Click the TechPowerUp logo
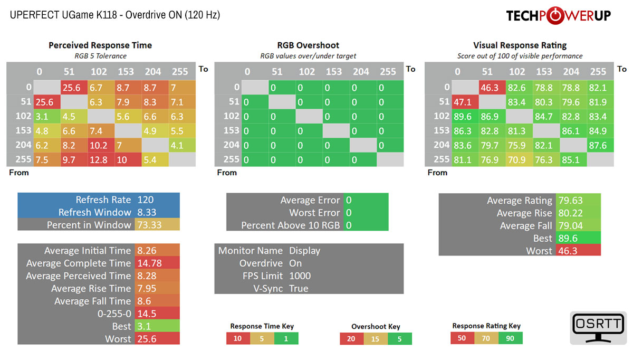tap(558, 16)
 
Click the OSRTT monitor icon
tap(598, 328)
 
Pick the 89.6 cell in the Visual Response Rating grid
tap(462, 116)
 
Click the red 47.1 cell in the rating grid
tap(462, 102)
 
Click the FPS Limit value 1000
tap(300, 276)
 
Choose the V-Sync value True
tap(299, 288)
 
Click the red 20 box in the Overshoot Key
tap(351, 338)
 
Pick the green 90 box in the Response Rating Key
tap(510, 338)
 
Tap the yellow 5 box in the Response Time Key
tap(262, 338)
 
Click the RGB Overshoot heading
tap(308, 45)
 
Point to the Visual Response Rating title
tap(520, 45)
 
